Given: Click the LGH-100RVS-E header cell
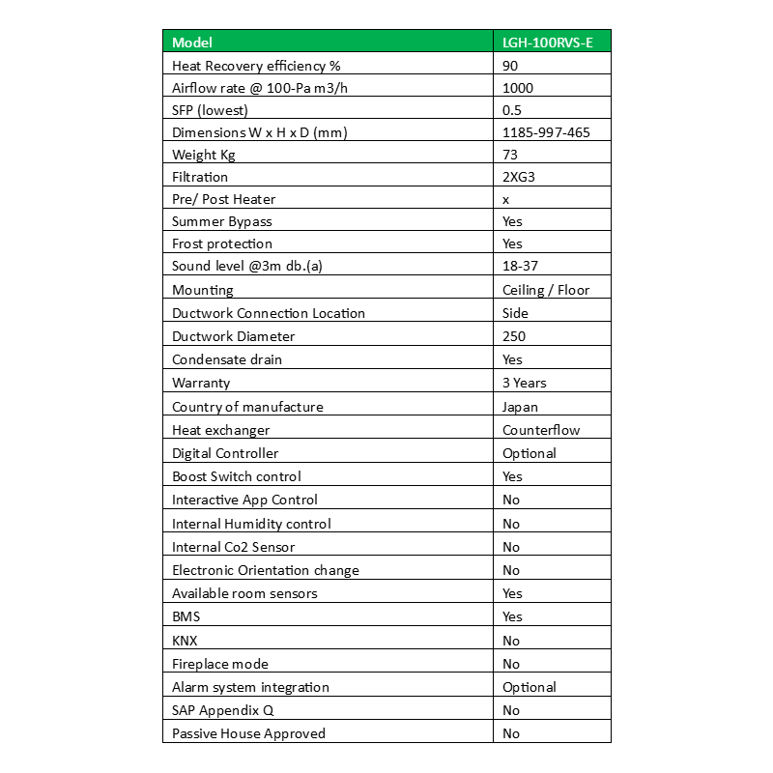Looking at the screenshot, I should point(548,43).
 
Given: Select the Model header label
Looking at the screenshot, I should point(192,43).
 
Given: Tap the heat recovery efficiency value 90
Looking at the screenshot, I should point(511,66).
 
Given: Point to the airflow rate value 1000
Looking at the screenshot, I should point(518,88).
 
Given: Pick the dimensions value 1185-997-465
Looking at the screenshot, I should point(546,132).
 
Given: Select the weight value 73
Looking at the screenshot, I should point(510,155).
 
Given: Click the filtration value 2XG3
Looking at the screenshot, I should point(520,177).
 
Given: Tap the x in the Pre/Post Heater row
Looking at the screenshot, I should point(506,199).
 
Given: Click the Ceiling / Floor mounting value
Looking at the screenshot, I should point(546,290).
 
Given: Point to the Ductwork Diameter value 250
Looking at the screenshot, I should point(514,336).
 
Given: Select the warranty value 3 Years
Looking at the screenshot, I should point(525,383).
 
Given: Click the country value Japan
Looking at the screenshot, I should point(521,407).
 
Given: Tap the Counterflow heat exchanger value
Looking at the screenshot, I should point(541,430).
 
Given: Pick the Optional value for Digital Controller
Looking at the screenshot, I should point(530,453).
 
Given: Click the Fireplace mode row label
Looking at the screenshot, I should point(220,664).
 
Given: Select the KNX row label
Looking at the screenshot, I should point(186,641).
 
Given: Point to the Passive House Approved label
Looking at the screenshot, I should point(248,733).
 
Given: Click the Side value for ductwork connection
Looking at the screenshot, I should point(515,313).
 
